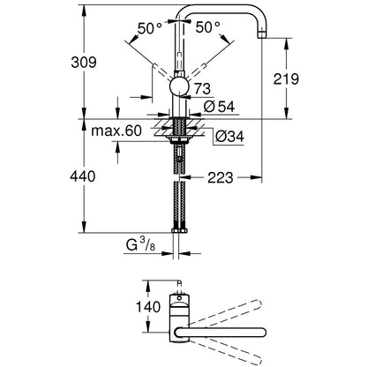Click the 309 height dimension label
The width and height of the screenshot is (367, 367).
84,63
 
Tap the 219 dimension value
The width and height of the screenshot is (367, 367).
286,79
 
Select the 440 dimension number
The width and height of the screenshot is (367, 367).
83,176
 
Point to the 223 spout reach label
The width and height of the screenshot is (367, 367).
221,177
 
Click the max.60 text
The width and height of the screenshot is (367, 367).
116,131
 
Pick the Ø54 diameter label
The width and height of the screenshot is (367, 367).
219,107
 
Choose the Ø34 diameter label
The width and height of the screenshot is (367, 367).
229,137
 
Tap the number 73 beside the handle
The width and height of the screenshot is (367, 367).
202,89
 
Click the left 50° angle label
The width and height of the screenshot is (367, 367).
149,28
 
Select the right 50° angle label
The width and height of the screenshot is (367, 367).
208,27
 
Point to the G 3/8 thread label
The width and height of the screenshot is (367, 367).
140,245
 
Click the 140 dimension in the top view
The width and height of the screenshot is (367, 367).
148,307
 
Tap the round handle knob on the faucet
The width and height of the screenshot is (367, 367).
179,87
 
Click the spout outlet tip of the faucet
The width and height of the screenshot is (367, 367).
261,34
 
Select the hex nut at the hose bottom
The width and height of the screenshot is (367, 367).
179,230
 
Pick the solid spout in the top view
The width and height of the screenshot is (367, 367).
221,333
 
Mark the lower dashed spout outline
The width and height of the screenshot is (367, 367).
225,352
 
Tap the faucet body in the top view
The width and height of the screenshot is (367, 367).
179,318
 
